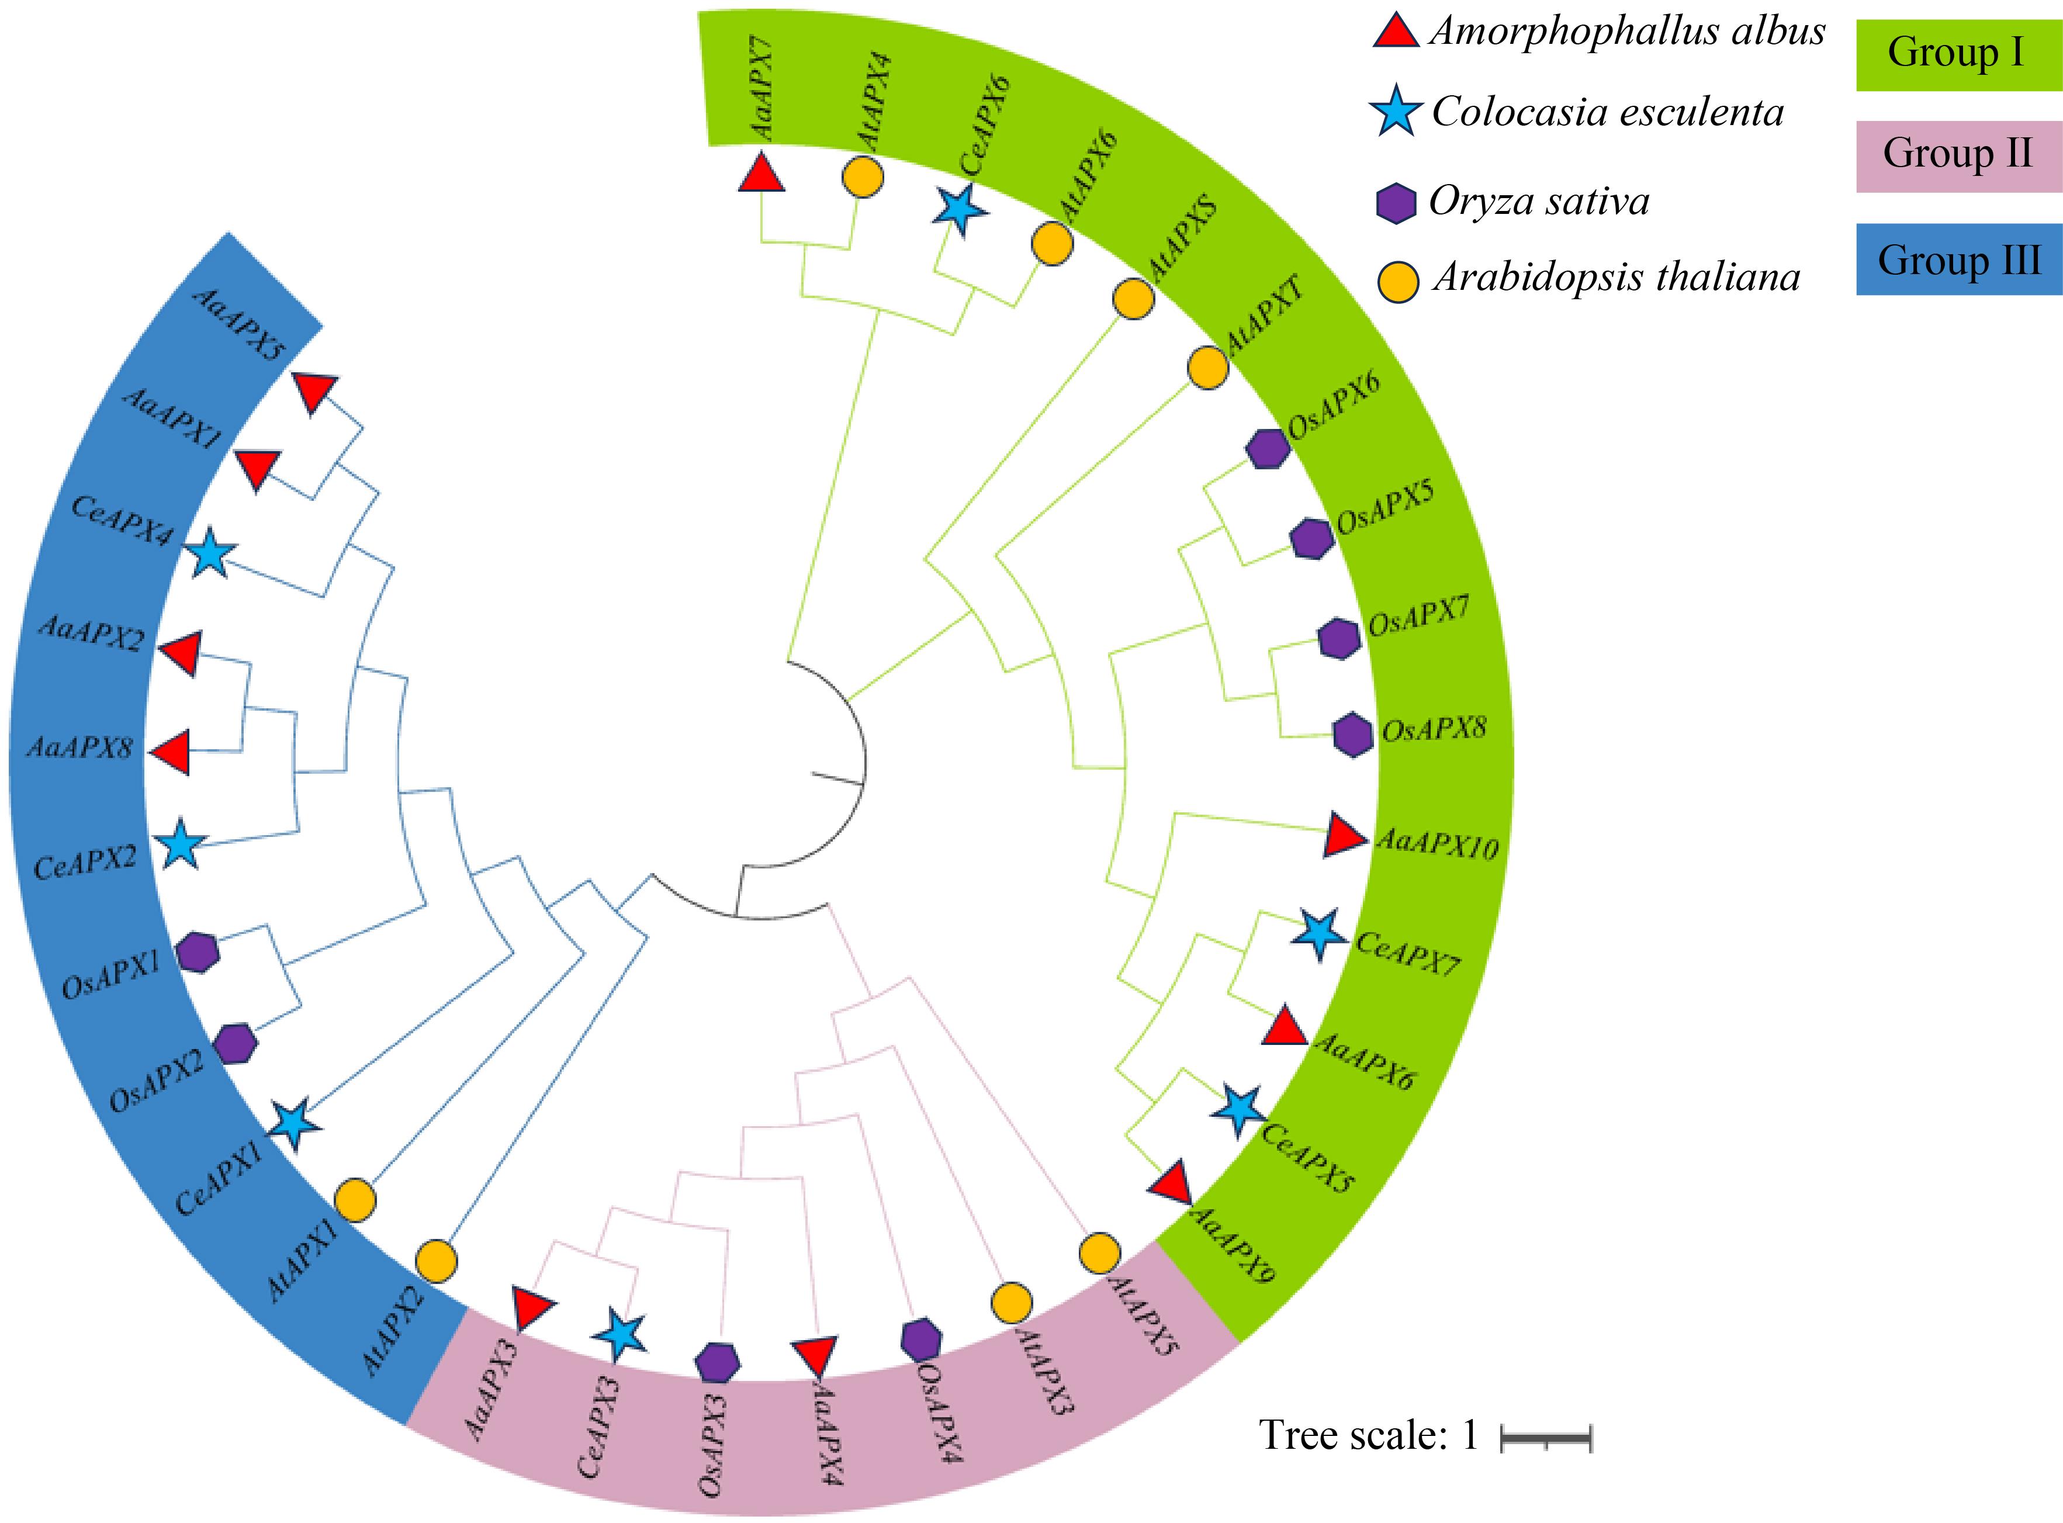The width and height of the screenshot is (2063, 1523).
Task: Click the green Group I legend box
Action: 1957,53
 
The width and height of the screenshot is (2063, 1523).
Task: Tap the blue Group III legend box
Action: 1957,259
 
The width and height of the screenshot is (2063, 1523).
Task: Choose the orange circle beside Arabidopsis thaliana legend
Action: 1397,281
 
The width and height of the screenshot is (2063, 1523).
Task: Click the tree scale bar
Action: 1546,1437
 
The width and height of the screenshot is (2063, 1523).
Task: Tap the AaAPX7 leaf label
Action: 762,92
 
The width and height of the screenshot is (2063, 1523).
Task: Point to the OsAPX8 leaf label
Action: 1434,730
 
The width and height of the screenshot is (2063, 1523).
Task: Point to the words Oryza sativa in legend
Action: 1539,201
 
